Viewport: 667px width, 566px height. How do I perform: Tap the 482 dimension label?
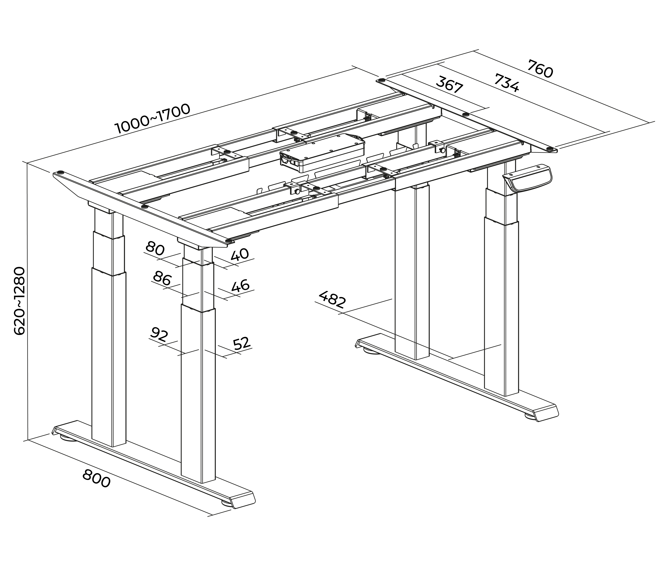332,299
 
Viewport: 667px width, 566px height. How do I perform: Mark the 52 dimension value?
241,343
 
